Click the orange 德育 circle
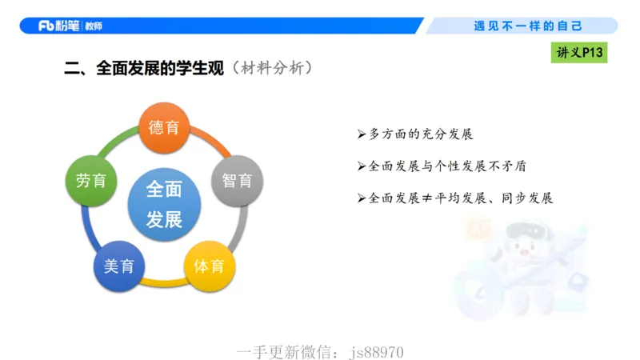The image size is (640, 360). (x=164, y=127)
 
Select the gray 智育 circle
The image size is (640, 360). (x=237, y=180)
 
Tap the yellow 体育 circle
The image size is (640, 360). (x=210, y=266)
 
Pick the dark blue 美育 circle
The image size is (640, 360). (x=118, y=266)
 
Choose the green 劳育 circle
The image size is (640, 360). (x=90, y=180)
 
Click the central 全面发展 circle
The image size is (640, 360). (x=164, y=204)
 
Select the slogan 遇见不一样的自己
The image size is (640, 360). (x=529, y=26)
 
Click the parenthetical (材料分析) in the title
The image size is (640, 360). (x=270, y=69)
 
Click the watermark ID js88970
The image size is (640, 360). (x=377, y=352)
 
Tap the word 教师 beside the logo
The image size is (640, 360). (x=93, y=26)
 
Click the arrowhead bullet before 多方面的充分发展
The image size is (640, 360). (x=362, y=134)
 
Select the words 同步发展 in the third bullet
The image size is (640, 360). (x=530, y=198)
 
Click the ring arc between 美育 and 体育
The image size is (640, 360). (x=164, y=282)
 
